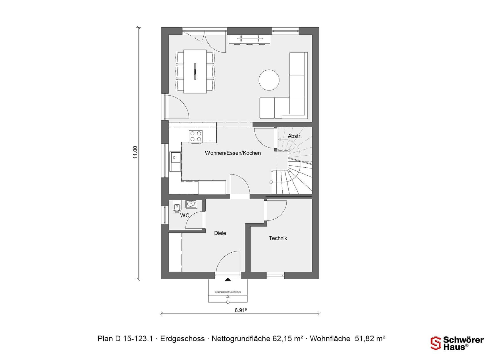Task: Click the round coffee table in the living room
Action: point(269,80)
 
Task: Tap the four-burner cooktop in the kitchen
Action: point(195,136)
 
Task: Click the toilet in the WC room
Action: point(177,208)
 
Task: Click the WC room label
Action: point(185,215)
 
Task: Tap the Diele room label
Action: point(220,233)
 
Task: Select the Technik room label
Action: point(278,238)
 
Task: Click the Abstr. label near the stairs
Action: point(295,136)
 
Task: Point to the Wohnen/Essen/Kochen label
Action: point(233,153)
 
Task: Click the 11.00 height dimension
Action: point(135,152)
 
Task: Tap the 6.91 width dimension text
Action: point(241,310)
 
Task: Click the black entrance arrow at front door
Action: point(228,279)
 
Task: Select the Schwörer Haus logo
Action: point(457,343)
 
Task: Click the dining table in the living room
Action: point(195,71)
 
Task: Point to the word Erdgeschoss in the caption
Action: point(182,339)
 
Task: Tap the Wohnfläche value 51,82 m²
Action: point(370,339)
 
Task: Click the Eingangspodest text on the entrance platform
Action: point(228,292)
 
